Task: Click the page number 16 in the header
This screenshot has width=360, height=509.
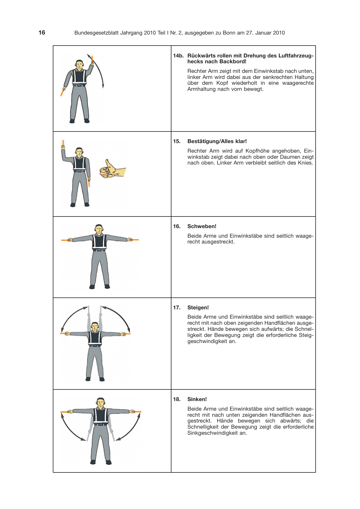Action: click(42, 33)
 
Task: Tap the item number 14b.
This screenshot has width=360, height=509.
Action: click(178, 55)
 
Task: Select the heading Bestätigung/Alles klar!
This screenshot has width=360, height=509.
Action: click(217, 141)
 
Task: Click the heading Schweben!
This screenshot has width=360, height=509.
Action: click(202, 226)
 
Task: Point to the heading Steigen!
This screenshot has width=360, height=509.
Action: click(198, 308)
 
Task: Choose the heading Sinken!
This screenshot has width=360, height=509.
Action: click(197, 399)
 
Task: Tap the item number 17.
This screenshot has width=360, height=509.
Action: click(177, 308)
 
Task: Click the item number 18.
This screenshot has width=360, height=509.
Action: click(177, 399)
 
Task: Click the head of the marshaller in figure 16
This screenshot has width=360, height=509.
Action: click(99, 229)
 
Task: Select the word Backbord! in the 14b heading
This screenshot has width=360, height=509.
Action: click(233, 62)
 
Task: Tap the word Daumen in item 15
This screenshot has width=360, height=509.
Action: click(290, 157)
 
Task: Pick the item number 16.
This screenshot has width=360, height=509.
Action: click(177, 226)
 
